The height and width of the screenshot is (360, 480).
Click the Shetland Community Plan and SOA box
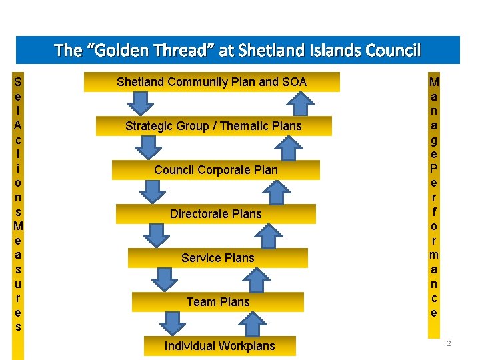coord(211,82)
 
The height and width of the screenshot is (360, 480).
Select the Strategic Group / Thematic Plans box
coord(213,126)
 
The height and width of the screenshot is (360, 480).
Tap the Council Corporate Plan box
coord(215,170)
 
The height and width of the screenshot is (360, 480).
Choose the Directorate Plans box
coord(215,214)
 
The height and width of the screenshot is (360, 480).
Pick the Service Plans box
coord(217,258)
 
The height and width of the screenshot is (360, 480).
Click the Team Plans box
coord(217,302)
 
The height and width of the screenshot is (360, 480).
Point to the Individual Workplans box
coord(219,346)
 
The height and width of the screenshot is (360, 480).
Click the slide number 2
coord(449,343)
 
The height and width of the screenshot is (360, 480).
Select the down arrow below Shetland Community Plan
coord(141,104)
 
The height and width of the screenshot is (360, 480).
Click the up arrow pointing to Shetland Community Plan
coord(303,103)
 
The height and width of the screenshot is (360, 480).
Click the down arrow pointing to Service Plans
coord(157,235)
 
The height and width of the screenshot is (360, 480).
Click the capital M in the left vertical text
coord(18,224)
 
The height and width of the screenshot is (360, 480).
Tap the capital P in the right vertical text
coord(434,167)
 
